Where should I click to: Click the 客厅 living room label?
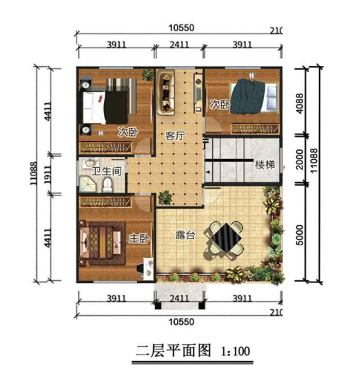point(175,136)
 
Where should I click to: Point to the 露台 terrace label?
point(184,236)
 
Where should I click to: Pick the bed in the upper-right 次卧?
point(250,97)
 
